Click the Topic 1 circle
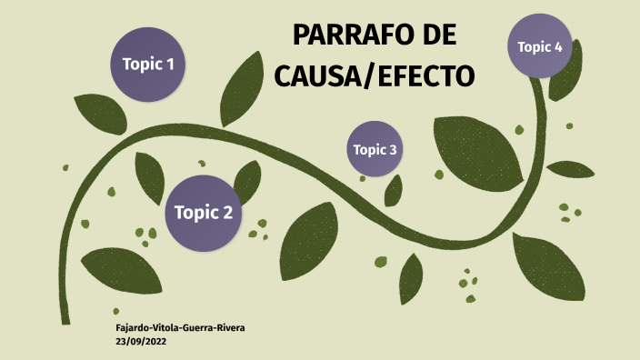(148, 64)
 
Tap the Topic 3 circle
(375, 149)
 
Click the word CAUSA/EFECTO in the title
(375, 75)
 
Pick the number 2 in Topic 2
(226, 214)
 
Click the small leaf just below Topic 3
(394, 189)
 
